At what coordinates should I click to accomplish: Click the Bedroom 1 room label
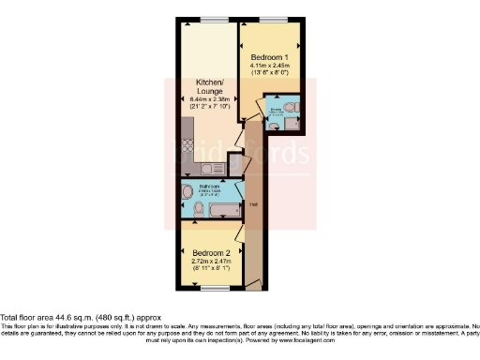pyautogui.click(x=270, y=57)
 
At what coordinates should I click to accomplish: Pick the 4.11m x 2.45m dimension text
pyautogui.click(x=270, y=66)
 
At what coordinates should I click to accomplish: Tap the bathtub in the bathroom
pyautogui.click(x=222, y=207)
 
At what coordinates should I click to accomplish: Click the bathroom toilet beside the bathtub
pyautogui.click(x=195, y=211)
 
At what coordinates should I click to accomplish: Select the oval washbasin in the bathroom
pyautogui.click(x=187, y=193)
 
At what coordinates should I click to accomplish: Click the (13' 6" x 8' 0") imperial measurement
pyautogui.click(x=270, y=74)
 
